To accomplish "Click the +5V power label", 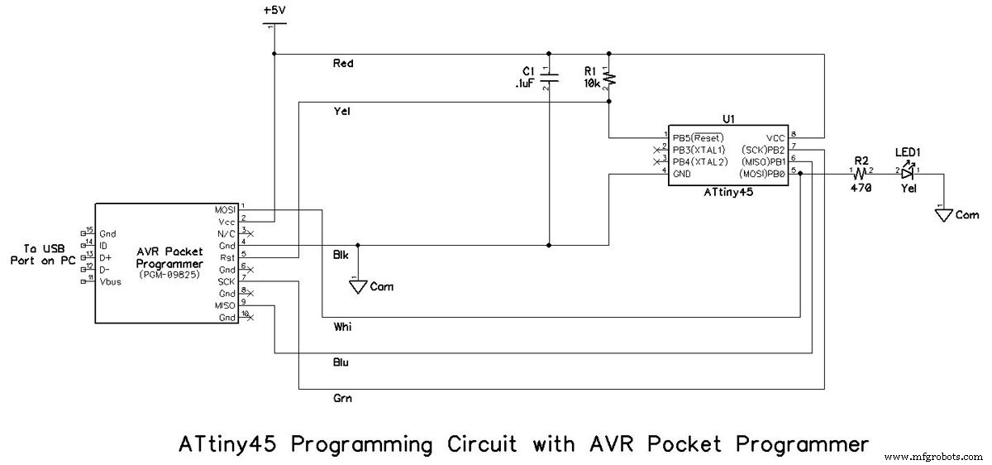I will coord(274,11).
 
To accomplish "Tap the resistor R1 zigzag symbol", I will coord(609,78).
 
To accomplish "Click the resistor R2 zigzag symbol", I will coord(861,173).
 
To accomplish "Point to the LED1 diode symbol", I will coord(908,173).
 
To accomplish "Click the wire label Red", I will coord(343,63).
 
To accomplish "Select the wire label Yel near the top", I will coord(341,112).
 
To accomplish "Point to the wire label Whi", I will coord(341,326).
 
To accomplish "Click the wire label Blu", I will coord(341,362).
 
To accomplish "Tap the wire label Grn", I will coord(341,399).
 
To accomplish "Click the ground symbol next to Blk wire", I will coord(358,286).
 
